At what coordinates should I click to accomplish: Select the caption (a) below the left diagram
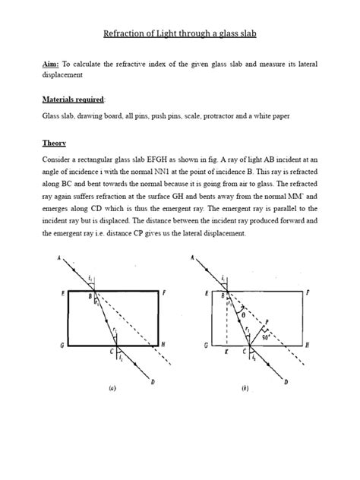click(112, 388)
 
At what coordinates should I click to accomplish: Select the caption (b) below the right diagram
click(245, 388)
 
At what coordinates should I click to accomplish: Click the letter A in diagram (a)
click(58, 259)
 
